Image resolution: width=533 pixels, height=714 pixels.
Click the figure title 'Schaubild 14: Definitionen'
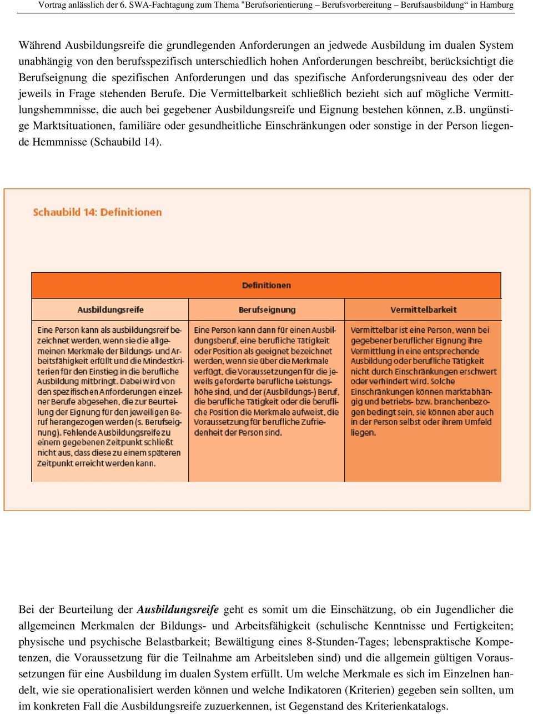coord(97,212)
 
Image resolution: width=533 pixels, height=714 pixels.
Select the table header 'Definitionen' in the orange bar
coord(266,286)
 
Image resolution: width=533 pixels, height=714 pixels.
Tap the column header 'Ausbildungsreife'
coord(110,310)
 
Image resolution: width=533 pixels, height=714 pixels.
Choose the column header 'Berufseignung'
coord(267,310)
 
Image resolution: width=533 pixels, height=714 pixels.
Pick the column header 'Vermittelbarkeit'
coord(423,310)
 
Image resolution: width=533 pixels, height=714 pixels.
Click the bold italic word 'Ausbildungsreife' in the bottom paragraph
coord(178,610)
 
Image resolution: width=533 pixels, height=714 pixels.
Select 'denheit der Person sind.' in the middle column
coord(238,432)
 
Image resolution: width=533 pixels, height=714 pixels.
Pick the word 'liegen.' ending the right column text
coord(363,432)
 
